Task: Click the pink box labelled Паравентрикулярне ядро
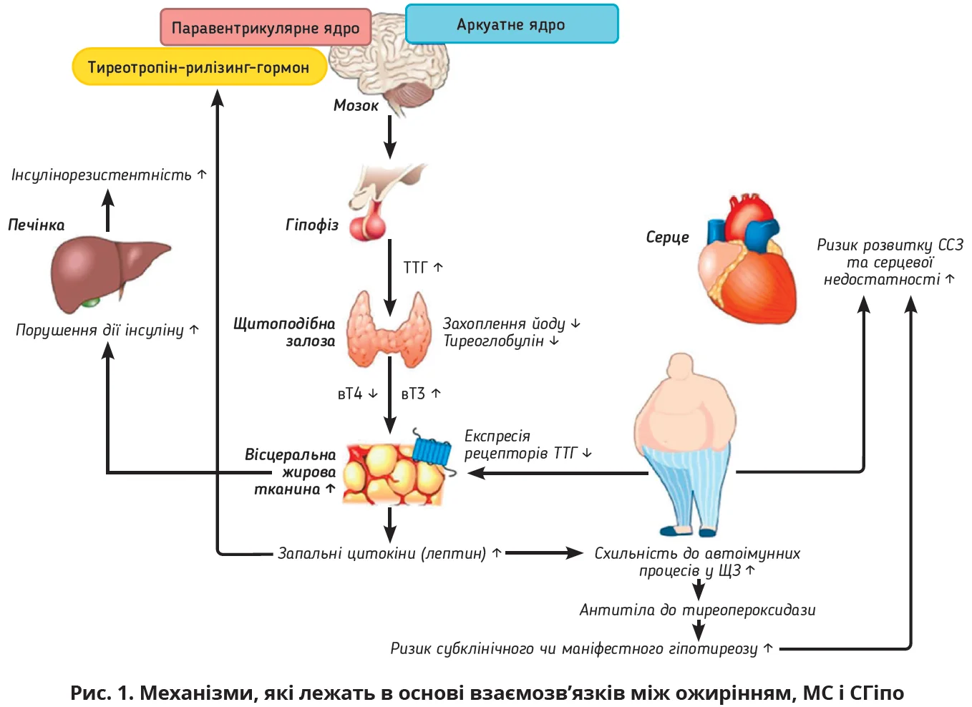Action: point(266,28)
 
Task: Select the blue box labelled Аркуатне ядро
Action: point(511,24)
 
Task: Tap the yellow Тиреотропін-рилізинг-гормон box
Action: point(199,67)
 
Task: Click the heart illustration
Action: point(748,261)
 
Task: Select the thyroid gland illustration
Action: point(389,329)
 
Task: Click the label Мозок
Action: point(356,105)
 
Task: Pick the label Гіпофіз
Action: point(312,225)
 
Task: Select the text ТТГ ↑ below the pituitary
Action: point(423,267)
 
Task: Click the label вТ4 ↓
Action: point(357,394)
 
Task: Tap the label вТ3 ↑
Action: point(421,394)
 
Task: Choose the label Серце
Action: point(667,238)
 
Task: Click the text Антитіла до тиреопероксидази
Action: point(697,610)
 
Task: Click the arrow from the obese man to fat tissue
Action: point(558,473)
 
